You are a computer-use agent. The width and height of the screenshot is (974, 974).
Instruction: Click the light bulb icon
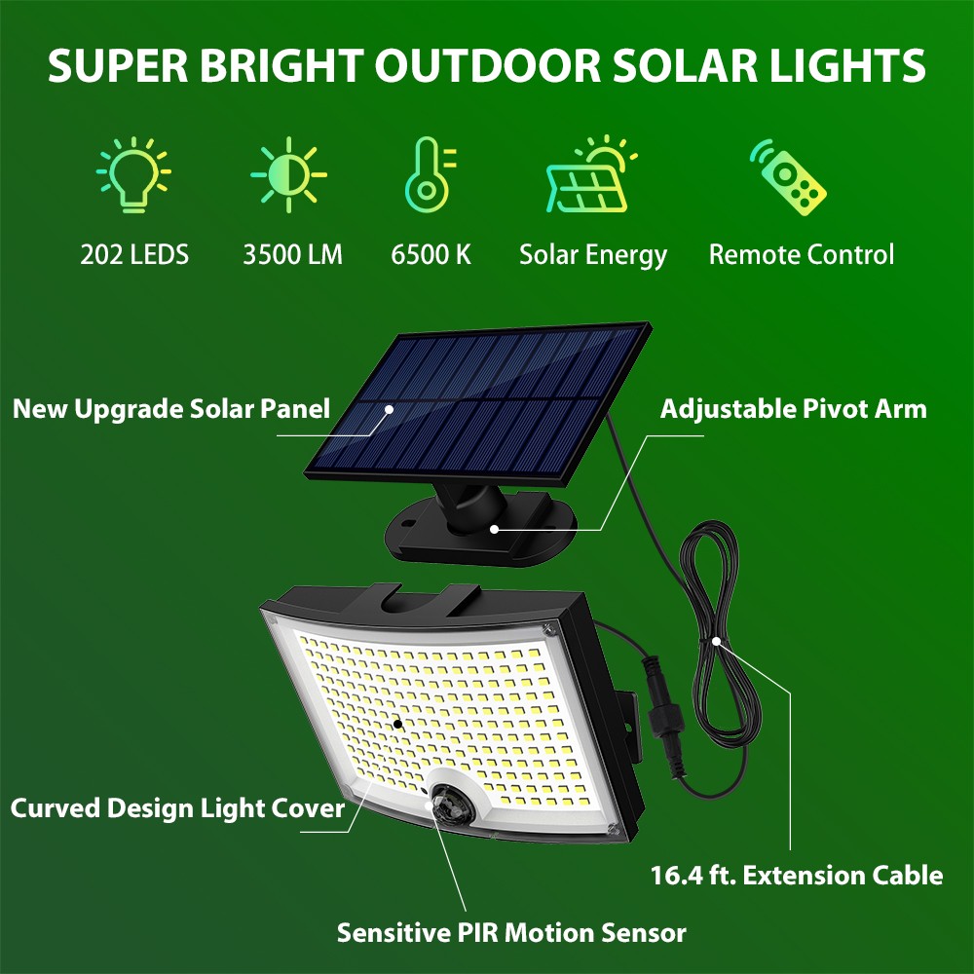coord(133,175)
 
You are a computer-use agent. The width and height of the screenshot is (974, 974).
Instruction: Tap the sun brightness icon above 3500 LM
coord(289,174)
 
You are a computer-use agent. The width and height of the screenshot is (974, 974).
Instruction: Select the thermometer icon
coord(430,174)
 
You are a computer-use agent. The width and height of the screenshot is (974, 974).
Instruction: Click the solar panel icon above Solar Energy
coord(591,174)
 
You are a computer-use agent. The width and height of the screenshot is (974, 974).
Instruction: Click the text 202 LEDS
coord(134,254)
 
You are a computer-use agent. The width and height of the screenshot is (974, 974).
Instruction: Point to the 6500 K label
coord(431,254)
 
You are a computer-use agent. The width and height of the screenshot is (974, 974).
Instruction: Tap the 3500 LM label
coord(292,254)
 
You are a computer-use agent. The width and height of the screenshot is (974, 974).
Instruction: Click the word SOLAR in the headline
coord(685,66)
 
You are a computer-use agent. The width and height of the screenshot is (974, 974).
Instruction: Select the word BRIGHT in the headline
coord(281,66)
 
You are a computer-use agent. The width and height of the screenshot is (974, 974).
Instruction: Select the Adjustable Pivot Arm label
coord(793,409)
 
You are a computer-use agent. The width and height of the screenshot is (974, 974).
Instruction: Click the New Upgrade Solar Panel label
coord(171,409)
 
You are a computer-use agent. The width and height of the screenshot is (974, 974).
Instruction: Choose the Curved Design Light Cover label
coord(177,808)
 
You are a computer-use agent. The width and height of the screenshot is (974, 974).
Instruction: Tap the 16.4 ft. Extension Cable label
coord(797,876)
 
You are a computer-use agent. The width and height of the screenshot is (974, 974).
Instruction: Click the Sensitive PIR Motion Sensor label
coord(511,933)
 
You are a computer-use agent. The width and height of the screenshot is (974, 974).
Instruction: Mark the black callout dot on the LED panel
coord(397,724)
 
